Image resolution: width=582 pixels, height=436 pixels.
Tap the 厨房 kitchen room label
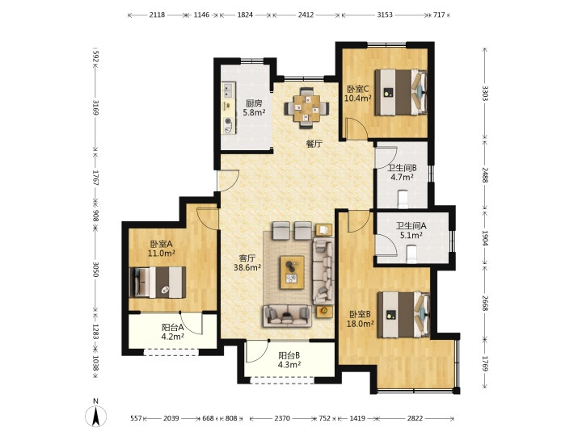(x=254, y=103)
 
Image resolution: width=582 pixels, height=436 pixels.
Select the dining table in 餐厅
(x=306, y=108)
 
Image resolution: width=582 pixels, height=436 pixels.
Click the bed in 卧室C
(x=400, y=92)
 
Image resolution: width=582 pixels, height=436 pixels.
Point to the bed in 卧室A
(x=158, y=282)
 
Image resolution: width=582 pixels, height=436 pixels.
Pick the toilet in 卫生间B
(x=403, y=199)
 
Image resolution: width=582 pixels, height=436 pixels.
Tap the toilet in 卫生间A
(x=412, y=255)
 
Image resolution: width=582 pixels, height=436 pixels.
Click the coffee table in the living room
(x=292, y=272)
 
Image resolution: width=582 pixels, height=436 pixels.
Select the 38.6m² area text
(x=247, y=267)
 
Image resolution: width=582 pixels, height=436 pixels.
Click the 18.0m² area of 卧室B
(x=360, y=324)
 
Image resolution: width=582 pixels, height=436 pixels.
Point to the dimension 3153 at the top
(x=385, y=15)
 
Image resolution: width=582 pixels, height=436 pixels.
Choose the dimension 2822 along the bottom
(x=415, y=418)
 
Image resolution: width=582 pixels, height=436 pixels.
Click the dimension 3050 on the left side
(x=95, y=270)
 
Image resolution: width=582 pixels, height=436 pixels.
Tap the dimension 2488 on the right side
(x=485, y=174)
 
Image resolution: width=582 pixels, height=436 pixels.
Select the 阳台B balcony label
(x=289, y=355)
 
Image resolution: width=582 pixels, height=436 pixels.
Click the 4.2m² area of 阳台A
(x=173, y=337)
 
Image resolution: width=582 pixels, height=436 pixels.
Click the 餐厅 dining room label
(x=314, y=144)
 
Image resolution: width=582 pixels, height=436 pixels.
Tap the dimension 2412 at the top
(x=306, y=15)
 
